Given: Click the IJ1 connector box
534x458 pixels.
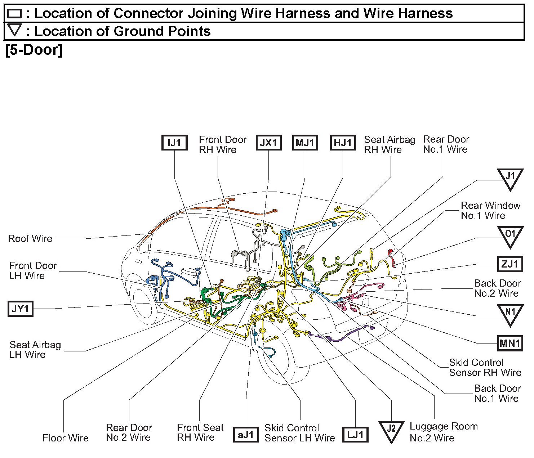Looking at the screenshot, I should [174, 143].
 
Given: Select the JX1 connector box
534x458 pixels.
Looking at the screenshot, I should [268, 143].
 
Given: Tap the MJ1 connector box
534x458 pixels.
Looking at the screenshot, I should [305, 143].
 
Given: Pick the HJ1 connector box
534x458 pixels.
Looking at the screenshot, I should [343, 143].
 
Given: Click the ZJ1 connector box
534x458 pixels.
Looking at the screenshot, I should [509, 264].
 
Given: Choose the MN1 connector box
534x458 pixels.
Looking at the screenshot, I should [509, 343].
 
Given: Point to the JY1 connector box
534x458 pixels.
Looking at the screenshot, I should [21, 309].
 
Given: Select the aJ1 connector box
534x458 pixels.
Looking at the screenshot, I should [246, 435].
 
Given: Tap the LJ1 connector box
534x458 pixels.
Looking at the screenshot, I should [356, 435].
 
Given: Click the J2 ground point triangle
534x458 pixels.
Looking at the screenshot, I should [391, 430].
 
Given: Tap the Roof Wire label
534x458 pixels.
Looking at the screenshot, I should [30, 238].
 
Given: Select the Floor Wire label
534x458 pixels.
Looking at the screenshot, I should [66, 438].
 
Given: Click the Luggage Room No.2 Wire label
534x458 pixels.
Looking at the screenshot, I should [444, 432].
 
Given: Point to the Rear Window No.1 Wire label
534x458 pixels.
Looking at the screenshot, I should [490, 210].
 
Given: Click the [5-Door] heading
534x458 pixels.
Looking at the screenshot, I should [34, 50].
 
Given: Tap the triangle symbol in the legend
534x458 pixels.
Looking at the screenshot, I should [15, 30].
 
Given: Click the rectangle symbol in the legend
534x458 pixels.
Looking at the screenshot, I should [15, 14].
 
